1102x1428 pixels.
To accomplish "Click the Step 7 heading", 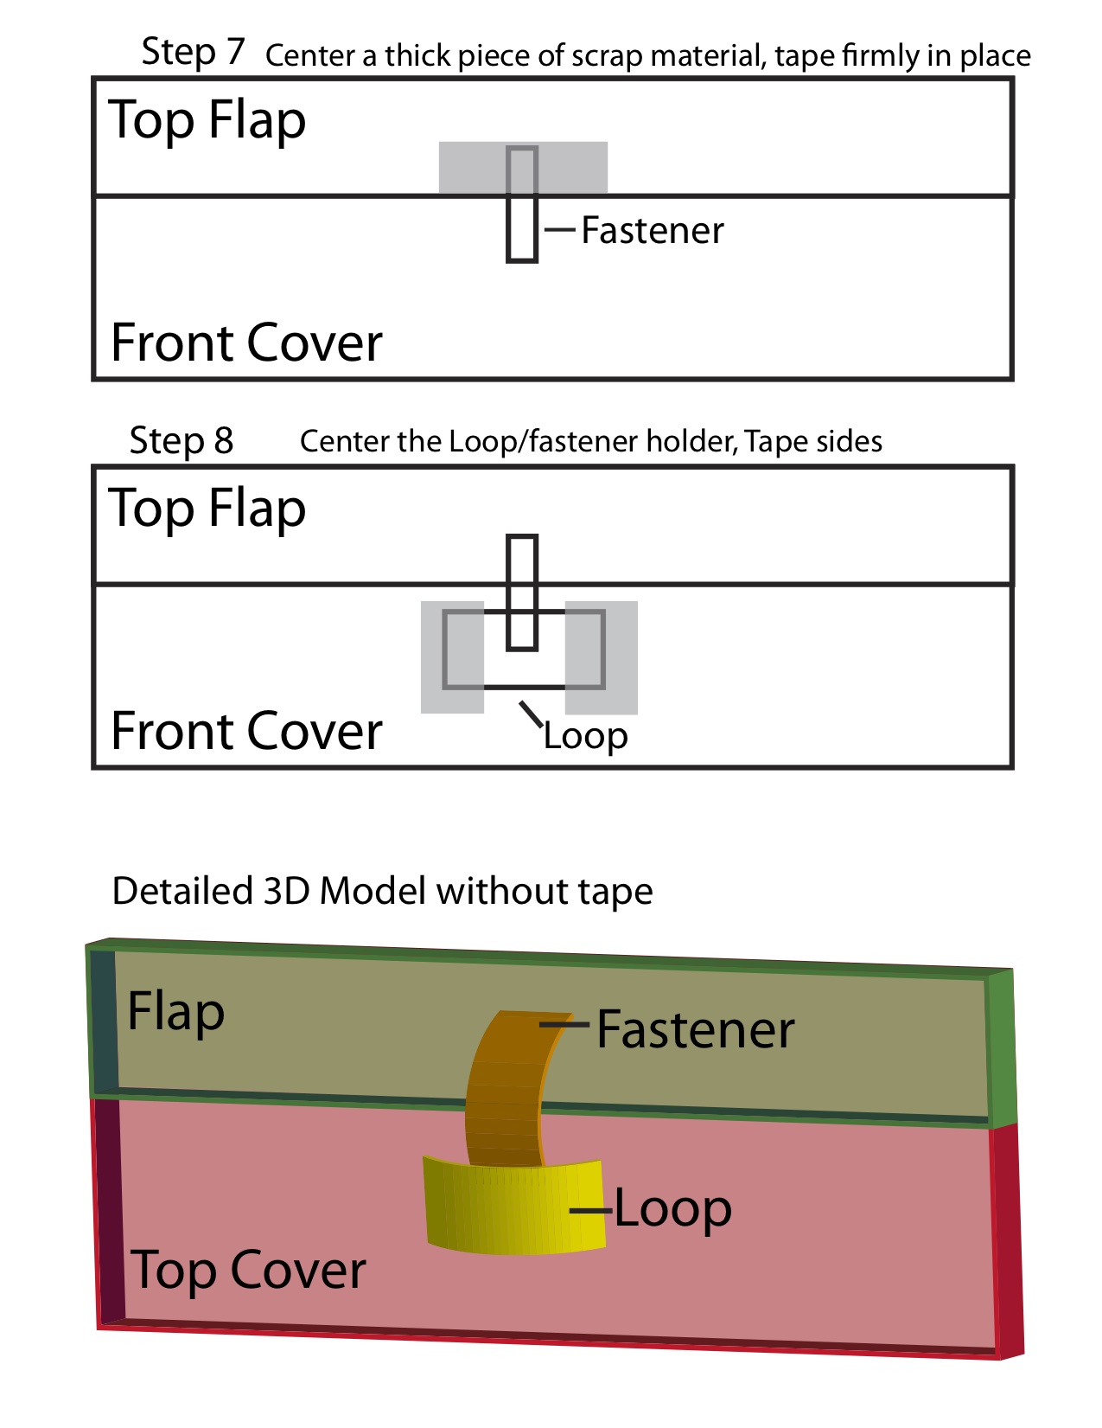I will (193, 52).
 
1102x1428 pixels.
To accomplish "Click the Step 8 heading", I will (182, 440).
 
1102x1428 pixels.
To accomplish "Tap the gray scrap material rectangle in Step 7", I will (471, 168).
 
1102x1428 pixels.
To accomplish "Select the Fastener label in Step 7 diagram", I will (653, 230).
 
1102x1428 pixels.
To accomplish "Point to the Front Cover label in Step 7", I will (246, 343).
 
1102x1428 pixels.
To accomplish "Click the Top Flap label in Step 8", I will (207, 508).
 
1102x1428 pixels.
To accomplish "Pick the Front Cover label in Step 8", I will (246, 731).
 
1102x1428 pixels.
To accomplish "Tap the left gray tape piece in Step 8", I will (452, 657).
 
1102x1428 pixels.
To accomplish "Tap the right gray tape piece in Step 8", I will (602, 657).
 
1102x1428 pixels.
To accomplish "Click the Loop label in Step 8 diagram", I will (585, 736).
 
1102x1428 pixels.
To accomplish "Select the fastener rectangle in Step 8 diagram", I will (522, 592).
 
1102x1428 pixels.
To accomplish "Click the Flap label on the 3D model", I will (175, 1011).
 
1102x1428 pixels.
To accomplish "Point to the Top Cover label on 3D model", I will (248, 1270).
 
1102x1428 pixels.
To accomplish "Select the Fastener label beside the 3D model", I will (695, 1029).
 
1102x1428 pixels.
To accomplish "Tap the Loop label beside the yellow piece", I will (672, 1208).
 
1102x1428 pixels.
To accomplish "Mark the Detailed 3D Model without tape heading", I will (382, 891).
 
